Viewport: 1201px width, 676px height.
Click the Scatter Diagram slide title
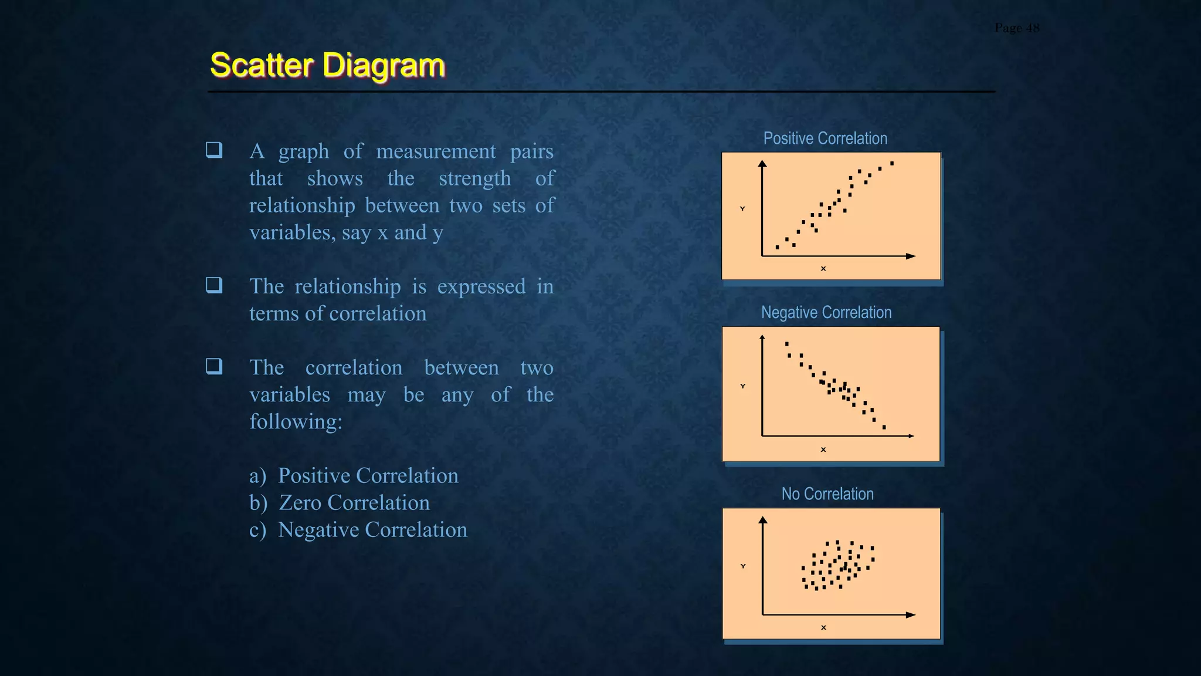(327, 65)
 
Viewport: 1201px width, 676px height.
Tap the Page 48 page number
(1017, 28)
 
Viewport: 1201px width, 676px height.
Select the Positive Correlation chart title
(825, 138)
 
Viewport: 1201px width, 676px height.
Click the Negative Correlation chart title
(826, 313)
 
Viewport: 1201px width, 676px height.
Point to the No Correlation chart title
(827, 494)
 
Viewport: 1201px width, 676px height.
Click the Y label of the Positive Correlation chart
(742, 209)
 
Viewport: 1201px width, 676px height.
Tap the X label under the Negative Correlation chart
(823, 449)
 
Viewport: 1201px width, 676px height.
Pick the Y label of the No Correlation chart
(743, 566)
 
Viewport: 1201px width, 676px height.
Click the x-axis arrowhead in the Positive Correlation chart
(911, 256)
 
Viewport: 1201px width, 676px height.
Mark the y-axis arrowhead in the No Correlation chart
(763, 520)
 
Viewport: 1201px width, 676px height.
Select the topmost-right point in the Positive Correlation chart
(892, 164)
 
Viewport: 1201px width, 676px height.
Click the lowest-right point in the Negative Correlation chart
(884, 427)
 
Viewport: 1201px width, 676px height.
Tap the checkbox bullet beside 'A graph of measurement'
(214, 150)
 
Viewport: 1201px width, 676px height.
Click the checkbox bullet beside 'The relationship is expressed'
(214, 285)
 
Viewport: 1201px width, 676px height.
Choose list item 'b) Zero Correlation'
(340, 503)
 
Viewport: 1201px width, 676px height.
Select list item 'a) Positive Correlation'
(354, 476)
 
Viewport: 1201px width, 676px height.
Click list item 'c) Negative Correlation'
(358, 530)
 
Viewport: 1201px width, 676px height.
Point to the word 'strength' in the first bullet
(474, 178)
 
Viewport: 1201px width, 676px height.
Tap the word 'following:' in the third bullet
(296, 422)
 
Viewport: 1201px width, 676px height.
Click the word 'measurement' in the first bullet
(436, 151)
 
